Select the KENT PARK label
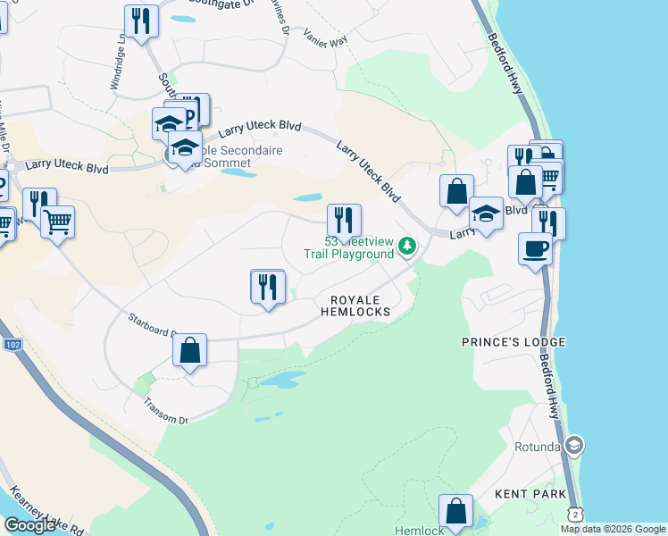530,494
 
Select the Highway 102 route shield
13,344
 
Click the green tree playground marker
407,246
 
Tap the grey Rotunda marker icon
573,445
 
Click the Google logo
29,525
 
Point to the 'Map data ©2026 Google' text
613,529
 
